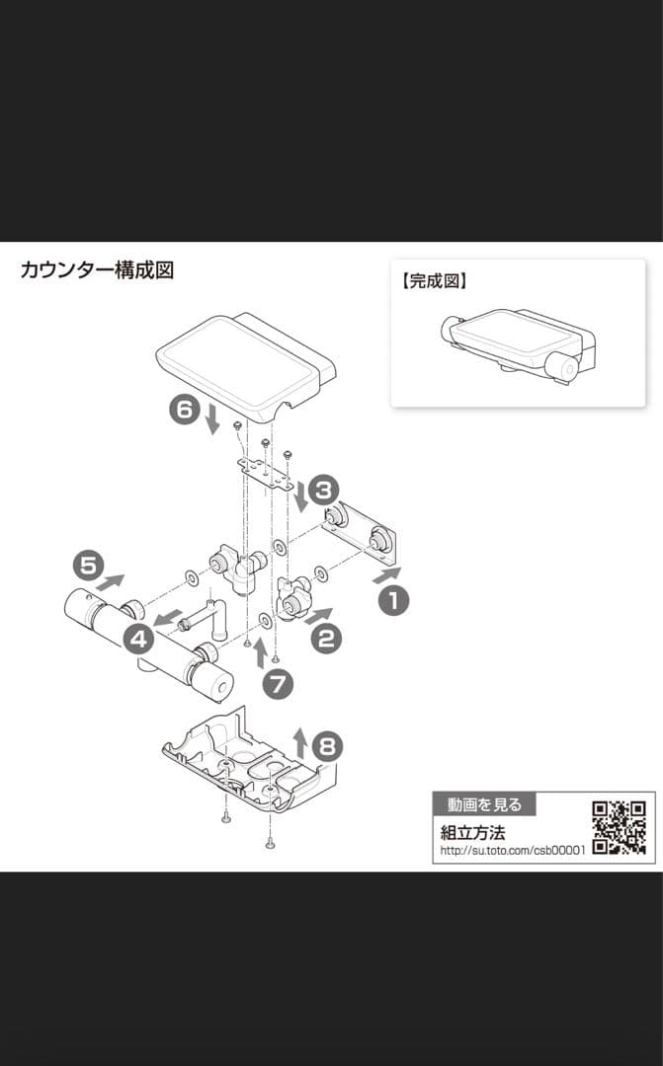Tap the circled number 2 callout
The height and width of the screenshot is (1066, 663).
[x=326, y=639]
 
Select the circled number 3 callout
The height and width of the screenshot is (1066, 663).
[x=323, y=489]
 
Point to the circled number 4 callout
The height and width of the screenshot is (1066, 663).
[x=139, y=639]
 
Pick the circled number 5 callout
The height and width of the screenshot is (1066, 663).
[x=88, y=566]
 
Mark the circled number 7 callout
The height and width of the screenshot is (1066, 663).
[x=278, y=684]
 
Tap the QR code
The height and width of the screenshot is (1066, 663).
[x=620, y=827]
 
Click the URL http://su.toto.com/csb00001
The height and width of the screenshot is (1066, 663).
[x=513, y=850]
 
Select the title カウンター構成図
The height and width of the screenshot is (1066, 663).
[x=97, y=270]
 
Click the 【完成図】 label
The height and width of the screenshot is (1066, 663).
[x=434, y=281]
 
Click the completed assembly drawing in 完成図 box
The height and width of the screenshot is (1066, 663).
[x=516, y=345]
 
